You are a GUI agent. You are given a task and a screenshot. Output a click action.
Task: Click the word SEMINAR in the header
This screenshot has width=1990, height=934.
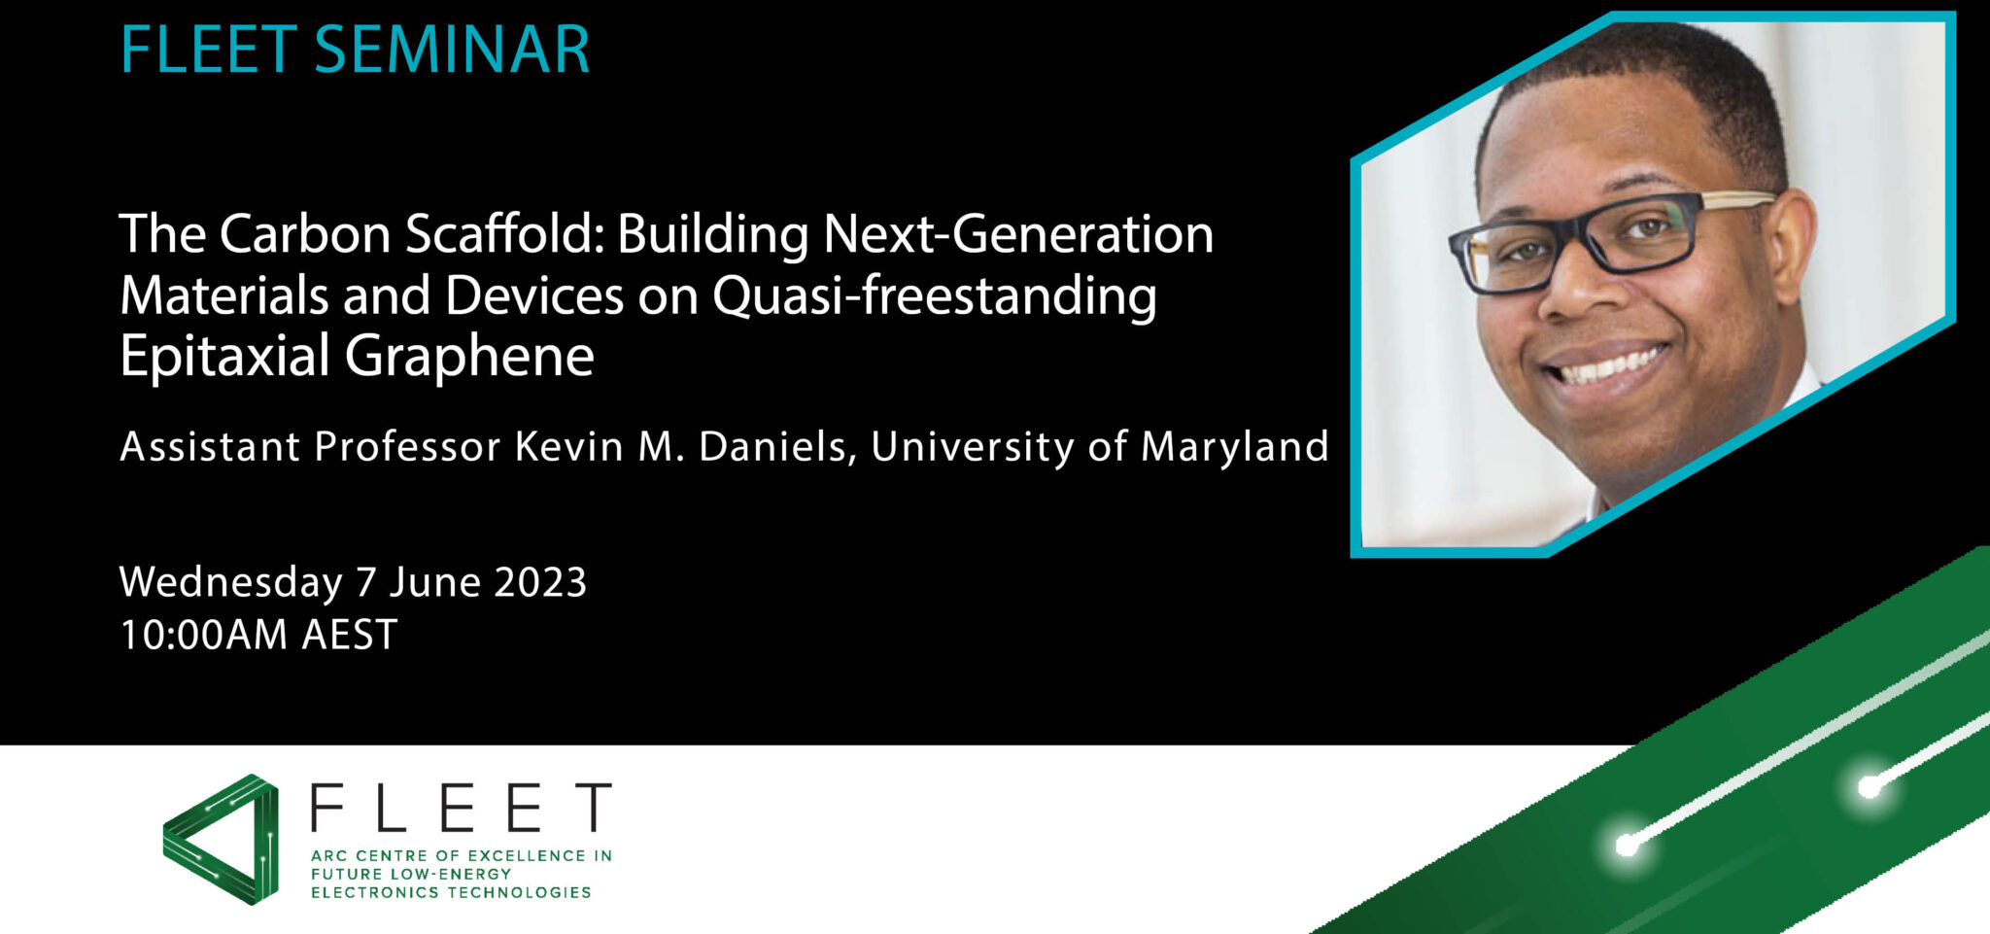452,50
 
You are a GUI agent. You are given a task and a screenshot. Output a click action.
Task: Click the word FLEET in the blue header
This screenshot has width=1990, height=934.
207,50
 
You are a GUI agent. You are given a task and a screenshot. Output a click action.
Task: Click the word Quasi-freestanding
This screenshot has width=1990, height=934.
934,296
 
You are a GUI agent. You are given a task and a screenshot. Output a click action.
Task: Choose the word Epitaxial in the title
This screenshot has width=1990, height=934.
224,356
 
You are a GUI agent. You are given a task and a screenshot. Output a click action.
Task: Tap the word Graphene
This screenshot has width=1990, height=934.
469,356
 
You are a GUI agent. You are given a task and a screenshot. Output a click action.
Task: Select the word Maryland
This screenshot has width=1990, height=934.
1234,447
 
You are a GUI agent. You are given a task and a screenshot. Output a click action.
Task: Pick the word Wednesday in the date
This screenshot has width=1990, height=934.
230,582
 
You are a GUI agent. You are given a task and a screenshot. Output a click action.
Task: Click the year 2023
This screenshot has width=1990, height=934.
540,582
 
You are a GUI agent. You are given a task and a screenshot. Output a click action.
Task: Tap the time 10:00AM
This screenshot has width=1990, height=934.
203,636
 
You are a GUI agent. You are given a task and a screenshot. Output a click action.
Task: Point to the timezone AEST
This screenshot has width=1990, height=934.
349,636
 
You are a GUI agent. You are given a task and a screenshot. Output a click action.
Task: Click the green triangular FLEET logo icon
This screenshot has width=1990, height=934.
222,839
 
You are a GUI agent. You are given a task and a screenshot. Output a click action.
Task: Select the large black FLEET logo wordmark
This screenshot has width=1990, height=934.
461,808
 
